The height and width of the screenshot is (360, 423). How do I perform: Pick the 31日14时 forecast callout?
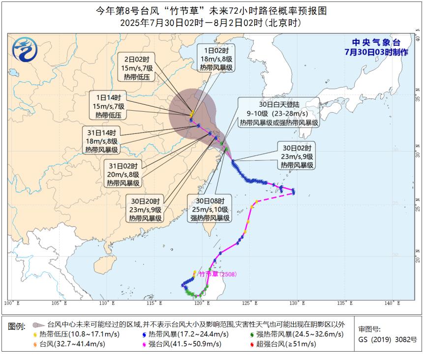(102, 141)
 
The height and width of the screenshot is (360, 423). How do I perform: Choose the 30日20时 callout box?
(146, 209)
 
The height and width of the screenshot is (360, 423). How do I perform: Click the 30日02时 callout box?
(298, 156)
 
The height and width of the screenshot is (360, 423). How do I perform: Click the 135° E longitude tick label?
(343, 303)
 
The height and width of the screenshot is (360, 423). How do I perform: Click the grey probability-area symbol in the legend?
(37, 325)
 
